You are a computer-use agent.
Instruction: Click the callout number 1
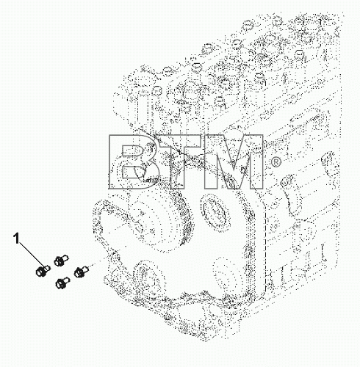point(16,239)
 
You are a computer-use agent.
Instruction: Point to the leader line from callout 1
point(32,255)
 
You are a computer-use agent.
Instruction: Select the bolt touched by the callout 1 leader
point(43,271)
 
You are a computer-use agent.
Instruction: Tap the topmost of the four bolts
point(61,260)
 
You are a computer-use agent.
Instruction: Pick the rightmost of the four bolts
point(81,271)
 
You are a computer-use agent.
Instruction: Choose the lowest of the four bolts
point(62,283)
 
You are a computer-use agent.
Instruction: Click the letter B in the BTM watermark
point(134,162)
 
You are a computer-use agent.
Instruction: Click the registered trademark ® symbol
point(276,162)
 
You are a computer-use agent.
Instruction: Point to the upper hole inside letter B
point(132,150)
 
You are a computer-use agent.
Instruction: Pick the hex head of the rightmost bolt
point(78,272)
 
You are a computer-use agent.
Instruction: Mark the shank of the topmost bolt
point(65,258)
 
